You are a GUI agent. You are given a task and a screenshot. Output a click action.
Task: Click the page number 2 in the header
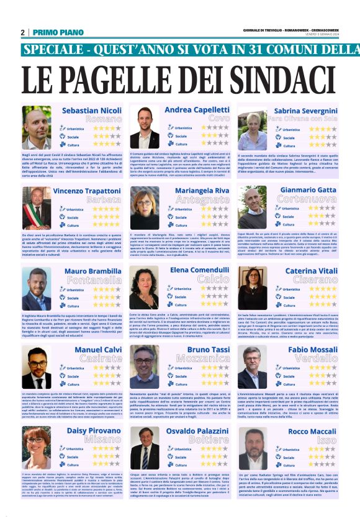pos(22,32)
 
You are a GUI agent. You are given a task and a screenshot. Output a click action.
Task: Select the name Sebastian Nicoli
pos(92,110)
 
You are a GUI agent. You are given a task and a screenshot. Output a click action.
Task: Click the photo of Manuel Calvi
pos(37,370)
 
